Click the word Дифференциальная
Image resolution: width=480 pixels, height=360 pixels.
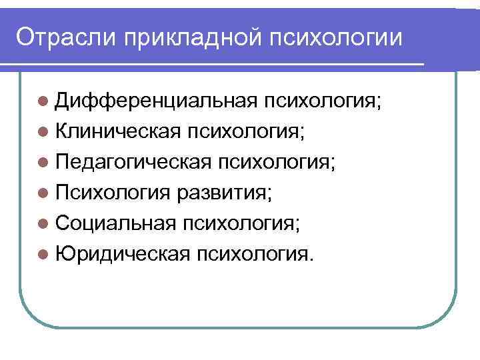pos(157,101)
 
